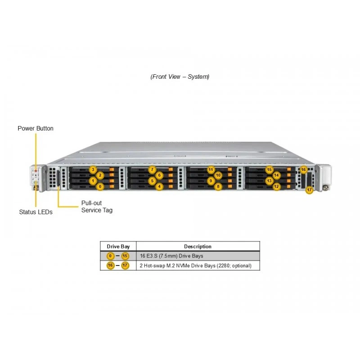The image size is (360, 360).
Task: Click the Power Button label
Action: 36,128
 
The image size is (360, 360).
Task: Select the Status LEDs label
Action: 36,212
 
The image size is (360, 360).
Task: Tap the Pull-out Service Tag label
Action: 97,207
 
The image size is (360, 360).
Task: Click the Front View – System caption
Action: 180,76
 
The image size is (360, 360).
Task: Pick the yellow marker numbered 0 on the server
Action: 100,186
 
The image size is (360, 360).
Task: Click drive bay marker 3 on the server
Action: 93,170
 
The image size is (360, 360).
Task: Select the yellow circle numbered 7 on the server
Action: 152,170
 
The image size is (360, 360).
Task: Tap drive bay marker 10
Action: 218,175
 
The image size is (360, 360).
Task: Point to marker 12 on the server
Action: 276,186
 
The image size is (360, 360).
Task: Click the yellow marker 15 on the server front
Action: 269,170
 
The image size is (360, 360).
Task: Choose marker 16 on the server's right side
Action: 303,170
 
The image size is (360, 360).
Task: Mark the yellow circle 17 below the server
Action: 309,190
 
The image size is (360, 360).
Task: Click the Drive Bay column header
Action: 118,247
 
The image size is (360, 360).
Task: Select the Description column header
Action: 198,247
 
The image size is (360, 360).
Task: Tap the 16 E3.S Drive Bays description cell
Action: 171,256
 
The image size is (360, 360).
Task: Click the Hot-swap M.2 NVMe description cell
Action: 196,265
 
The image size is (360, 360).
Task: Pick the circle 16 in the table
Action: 110,265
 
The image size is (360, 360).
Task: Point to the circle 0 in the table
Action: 110,256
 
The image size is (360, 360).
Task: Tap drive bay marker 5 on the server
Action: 152,181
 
